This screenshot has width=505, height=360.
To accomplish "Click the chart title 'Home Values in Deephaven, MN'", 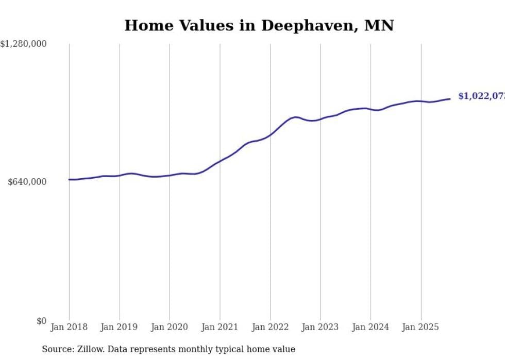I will point(259,26).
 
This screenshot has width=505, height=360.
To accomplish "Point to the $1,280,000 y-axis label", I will point(23,44).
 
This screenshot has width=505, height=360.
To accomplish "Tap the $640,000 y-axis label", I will point(27,182).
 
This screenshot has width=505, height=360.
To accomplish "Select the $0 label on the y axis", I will point(41,321).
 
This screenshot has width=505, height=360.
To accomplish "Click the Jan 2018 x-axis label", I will point(69,327).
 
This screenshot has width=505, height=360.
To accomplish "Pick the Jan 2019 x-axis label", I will point(119,327).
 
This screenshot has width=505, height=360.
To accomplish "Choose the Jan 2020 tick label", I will point(170,327).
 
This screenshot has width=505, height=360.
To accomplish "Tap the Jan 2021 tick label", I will point(220,327).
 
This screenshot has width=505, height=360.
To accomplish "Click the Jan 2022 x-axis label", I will point(270,327).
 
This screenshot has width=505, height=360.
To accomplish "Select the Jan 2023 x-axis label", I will point(320,327).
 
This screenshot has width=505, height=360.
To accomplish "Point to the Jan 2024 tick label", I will point(371,327).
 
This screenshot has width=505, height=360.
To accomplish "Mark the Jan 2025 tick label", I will point(420,327).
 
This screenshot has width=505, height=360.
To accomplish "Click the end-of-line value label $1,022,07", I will point(481,96).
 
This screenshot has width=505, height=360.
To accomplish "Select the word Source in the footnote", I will point(56,350).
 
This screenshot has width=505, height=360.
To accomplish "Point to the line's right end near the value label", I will point(450,99).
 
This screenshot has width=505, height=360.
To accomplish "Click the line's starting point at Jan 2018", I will point(69,179).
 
